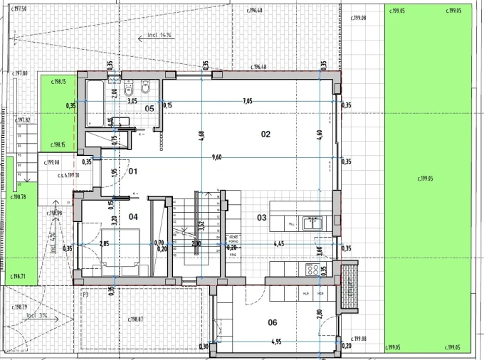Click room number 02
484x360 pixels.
[x=265, y=134]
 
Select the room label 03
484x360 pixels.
[x=261, y=218]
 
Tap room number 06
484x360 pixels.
[x=272, y=322]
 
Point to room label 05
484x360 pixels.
[x=149, y=108]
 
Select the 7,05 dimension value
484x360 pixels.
[x=247, y=101]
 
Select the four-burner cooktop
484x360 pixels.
[x=312, y=270]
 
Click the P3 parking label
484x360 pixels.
[x=85, y=294]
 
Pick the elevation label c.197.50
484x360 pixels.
[x=14, y=9]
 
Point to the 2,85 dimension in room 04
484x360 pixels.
[x=104, y=244]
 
